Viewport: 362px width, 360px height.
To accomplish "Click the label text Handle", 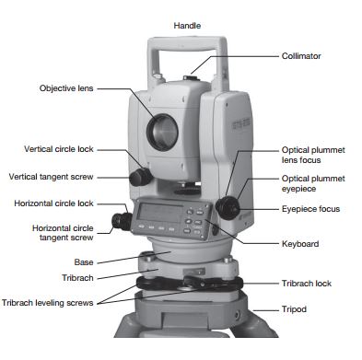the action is click(187, 26).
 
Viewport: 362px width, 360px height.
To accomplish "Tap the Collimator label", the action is click(301, 56).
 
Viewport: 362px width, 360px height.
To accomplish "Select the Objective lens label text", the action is click(66, 88).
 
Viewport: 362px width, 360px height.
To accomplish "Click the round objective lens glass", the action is click(163, 133).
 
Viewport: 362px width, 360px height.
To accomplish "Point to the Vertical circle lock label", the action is click(59, 149).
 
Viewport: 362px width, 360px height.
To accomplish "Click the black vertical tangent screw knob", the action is click(140, 177).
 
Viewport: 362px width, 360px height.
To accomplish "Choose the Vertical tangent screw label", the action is click(51, 177).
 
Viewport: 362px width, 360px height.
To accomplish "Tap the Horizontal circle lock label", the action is click(53, 203).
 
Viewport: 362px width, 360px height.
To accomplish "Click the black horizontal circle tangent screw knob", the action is click(122, 221).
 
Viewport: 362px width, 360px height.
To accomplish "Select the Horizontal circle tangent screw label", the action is click(63, 233).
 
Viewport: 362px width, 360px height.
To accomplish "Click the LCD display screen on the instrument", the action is click(160, 213).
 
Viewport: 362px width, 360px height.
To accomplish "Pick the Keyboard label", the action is click(300, 244).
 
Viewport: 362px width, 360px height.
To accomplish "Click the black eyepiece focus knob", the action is click(228, 208).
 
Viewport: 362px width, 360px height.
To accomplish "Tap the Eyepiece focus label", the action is click(310, 209).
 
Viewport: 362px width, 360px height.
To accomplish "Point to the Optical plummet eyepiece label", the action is click(313, 183).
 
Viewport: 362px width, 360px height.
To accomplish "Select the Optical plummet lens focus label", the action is click(313, 155).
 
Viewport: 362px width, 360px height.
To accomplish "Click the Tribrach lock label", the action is click(307, 284).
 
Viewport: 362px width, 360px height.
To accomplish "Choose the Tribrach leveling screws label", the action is click(48, 303).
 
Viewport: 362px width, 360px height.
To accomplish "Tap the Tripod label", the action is click(294, 309).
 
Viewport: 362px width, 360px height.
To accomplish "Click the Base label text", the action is click(84, 262).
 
